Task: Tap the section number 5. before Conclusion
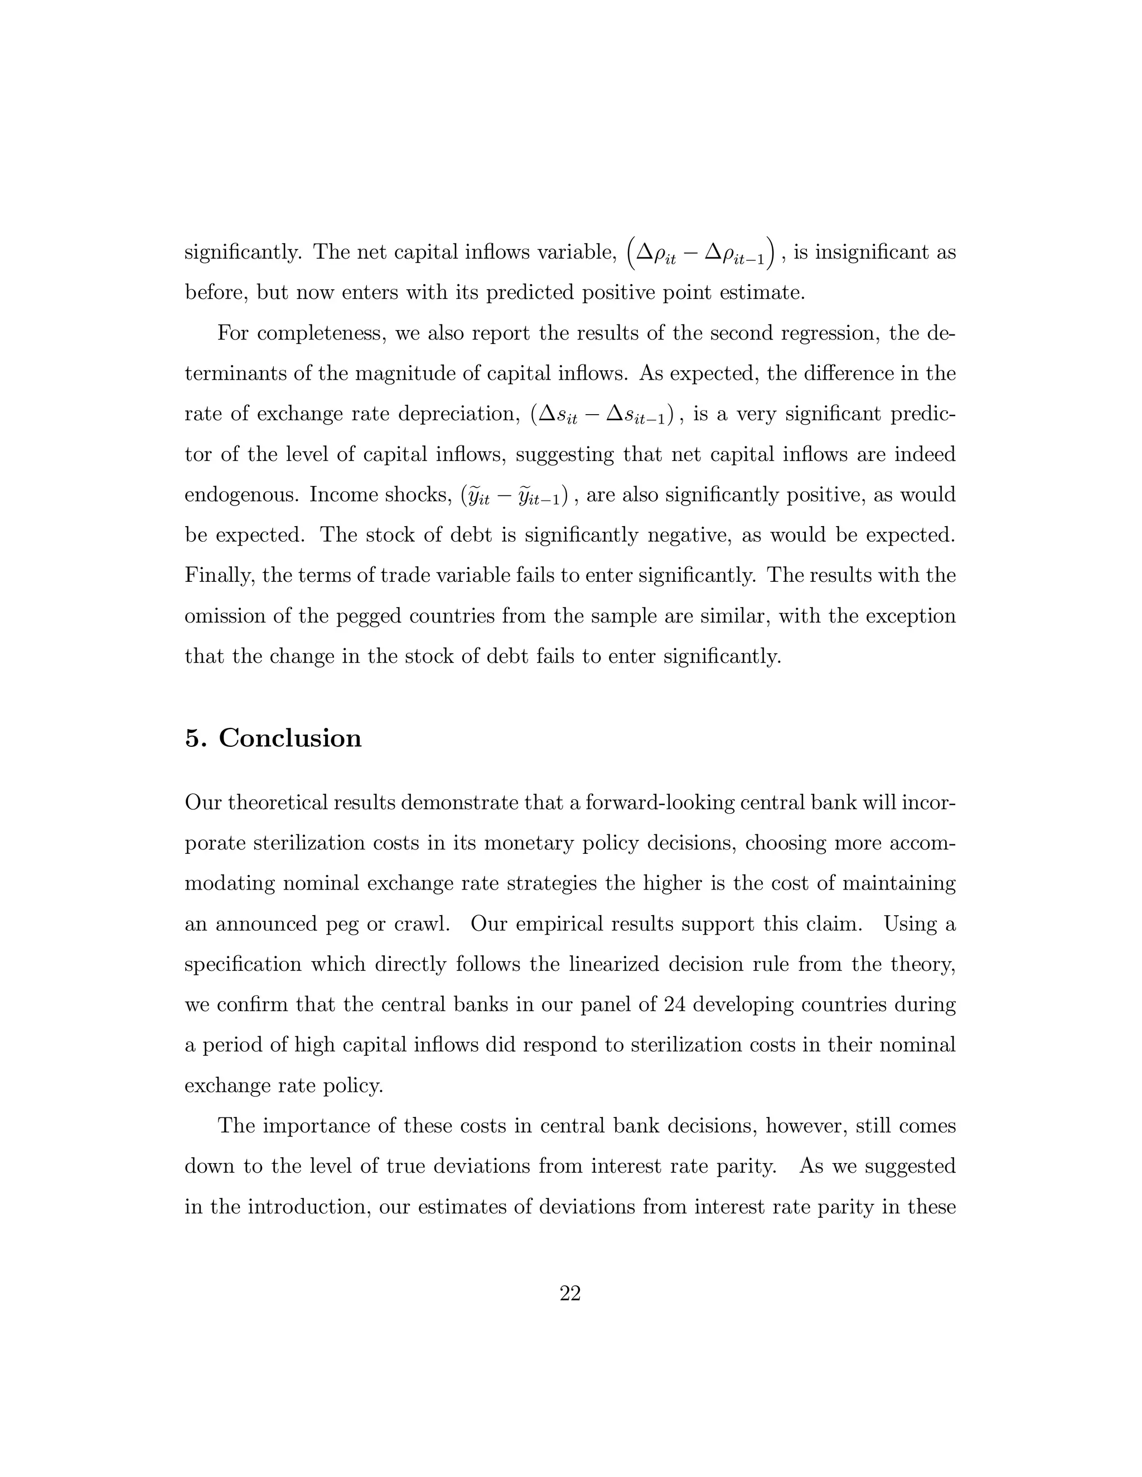(196, 738)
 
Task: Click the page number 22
(570, 1294)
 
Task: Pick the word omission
(222, 616)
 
